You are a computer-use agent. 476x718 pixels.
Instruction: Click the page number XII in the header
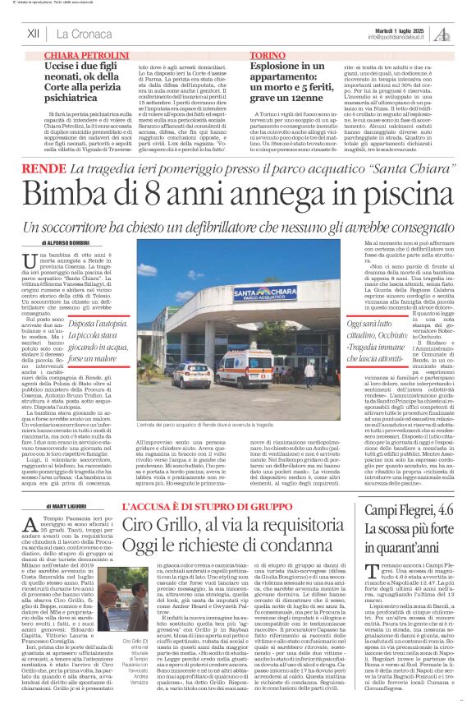point(33,35)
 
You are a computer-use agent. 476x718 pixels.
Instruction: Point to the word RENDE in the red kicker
point(48,168)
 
